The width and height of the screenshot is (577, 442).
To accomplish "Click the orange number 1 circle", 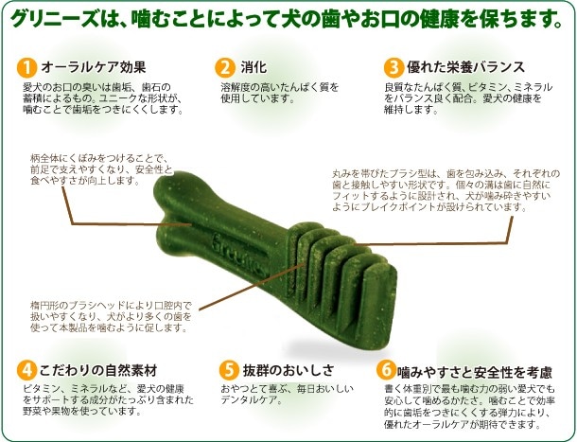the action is point(26,68).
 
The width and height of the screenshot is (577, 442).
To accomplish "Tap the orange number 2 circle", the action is point(225,68).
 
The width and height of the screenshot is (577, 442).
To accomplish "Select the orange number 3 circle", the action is point(393,68).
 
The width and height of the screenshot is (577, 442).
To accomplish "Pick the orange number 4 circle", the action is point(26,370).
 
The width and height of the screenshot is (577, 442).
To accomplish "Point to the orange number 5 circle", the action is point(229,370).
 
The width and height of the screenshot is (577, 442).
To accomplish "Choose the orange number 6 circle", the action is point(386,369).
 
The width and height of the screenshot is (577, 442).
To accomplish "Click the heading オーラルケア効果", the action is point(94,67).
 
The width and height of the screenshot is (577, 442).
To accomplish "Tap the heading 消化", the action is point(254,67).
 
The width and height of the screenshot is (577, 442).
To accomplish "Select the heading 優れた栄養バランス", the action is point(465,67).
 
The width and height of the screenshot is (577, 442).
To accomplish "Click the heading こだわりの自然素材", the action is point(98,370).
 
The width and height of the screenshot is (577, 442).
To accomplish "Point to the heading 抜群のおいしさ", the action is point(288,370).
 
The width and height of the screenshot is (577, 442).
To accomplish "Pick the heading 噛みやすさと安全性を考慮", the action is point(475,372).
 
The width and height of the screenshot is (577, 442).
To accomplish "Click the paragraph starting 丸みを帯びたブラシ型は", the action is point(446,190).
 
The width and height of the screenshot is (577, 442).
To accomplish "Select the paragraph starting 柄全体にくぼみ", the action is point(101,169).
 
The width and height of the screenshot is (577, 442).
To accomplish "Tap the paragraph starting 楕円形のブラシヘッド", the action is point(111,317).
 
